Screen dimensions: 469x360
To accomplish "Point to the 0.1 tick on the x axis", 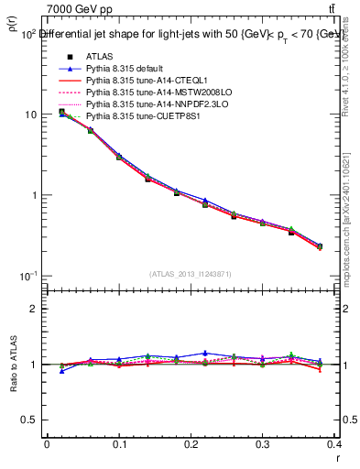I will [119, 447].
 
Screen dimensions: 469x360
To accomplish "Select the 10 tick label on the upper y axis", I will [32, 115].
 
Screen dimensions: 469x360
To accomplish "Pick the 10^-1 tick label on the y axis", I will [29, 277].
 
